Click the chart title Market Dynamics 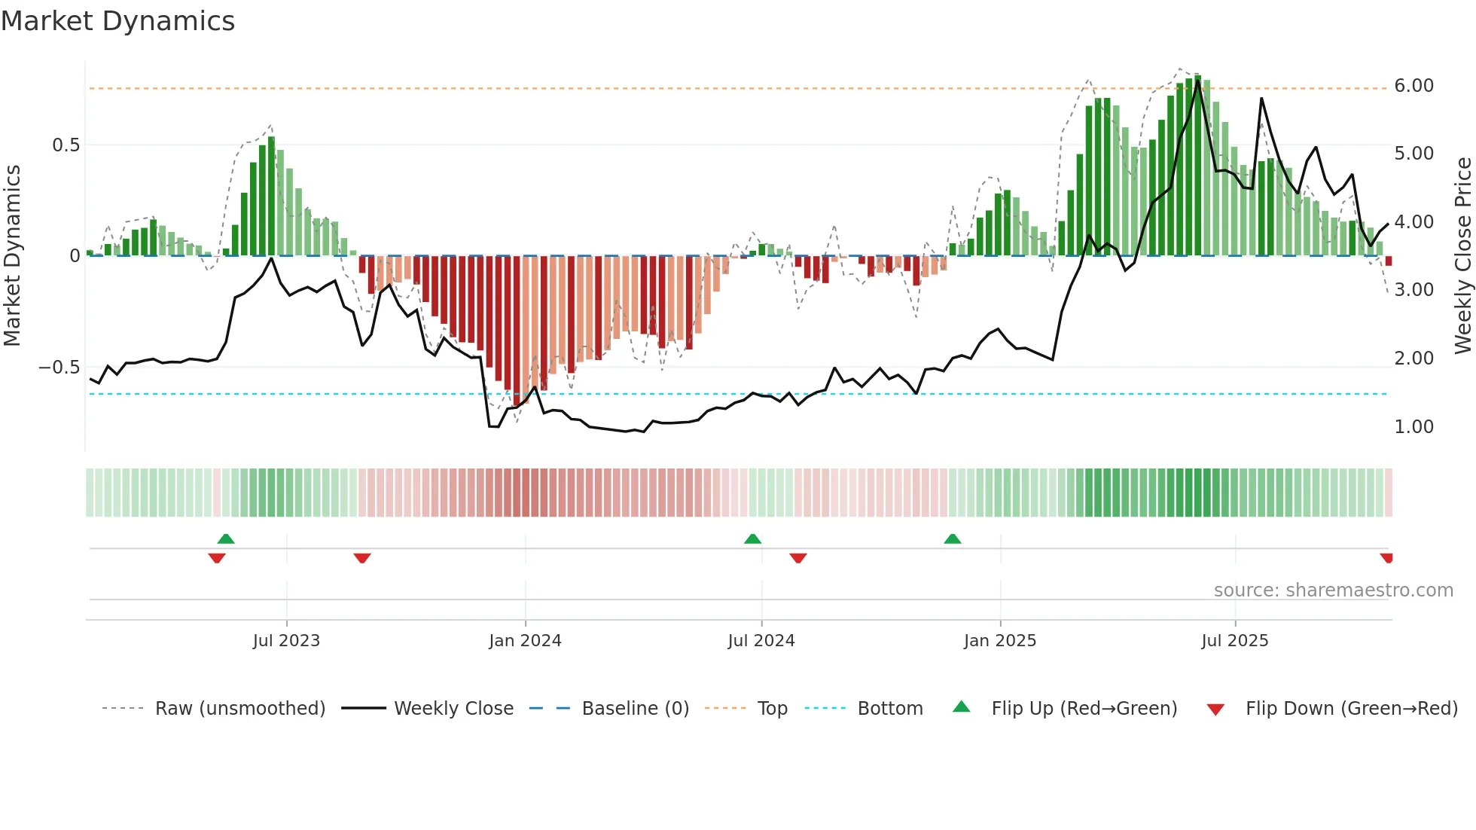[x=117, y=21]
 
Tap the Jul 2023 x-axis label [x=286, y=641]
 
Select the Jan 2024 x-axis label [x=525, y=641]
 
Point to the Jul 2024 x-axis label [x=761, y=641]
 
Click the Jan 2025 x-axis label [x=1000, y=641]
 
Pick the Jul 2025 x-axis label [x=1235, y=641]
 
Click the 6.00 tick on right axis [x=1413, y=86]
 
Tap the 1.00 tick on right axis [x=1413, y=427]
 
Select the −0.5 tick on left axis [x=59, y=368]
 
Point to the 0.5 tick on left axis [x=66, y=145]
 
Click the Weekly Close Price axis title [x=1462, y=256]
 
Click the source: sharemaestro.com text [x=1333, y=590]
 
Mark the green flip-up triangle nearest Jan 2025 [x=953, y=539]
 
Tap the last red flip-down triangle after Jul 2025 [x=1386, y=557]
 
